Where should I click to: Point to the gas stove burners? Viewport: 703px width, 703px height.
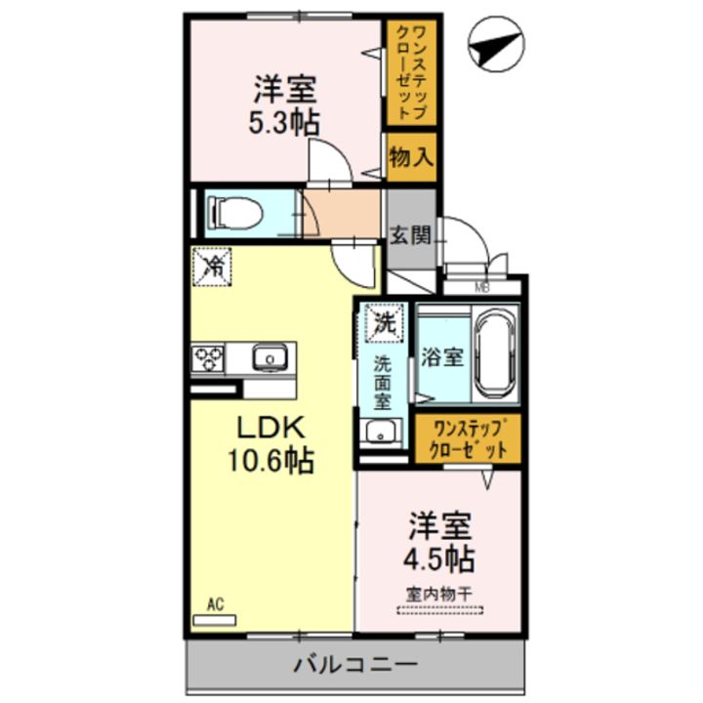pos(208,358)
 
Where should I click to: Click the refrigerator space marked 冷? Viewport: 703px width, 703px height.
pos(212,267)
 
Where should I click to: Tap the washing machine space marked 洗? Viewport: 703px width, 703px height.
pos(383,323)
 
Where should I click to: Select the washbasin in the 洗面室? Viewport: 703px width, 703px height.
pos(379,431)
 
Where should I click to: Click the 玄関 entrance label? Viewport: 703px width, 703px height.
pos(410,234)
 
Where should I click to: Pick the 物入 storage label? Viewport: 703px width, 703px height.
pos(410,157)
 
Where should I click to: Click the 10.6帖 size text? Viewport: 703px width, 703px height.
pos(270,462)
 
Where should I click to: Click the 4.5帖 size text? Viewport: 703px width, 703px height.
pos(441,558)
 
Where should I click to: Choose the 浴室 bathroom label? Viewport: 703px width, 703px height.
pos(442,357)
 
